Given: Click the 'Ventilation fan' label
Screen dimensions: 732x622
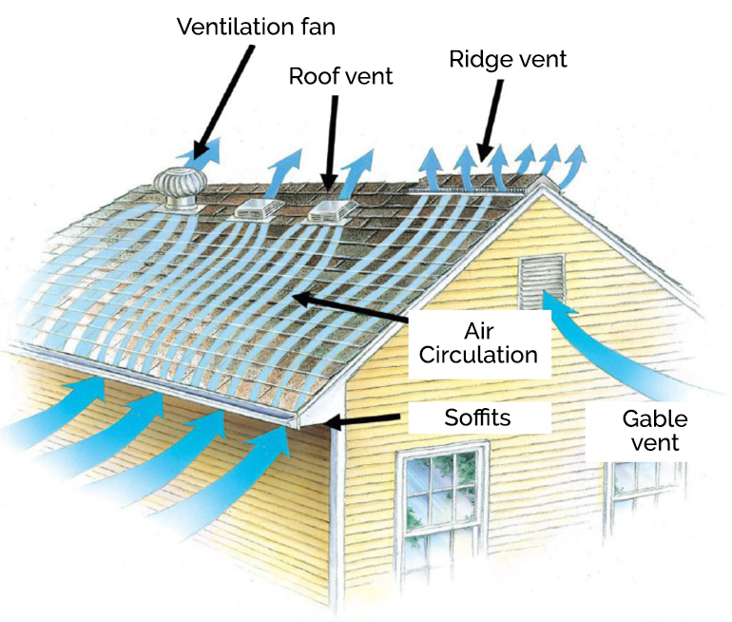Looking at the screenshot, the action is (256, 26).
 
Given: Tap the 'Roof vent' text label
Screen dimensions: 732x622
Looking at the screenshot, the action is (340, 76).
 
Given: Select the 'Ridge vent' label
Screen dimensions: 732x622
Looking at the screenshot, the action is (508, 59).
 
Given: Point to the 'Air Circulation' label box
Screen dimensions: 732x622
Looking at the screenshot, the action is (479, 344).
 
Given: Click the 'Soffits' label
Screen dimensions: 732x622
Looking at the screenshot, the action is (477, 418).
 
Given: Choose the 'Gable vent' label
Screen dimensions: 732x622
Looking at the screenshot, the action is (654, 431).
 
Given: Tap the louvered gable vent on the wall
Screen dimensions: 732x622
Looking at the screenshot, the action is (542, 282).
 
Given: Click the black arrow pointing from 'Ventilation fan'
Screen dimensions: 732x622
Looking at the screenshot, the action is (223, 103).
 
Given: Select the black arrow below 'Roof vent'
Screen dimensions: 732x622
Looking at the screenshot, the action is (331, 144).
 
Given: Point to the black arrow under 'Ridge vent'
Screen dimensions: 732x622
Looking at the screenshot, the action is (491, 121).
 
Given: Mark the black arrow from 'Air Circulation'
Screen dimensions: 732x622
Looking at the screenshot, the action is (350, 306).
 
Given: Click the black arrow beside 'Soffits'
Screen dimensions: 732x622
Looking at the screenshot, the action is (363, 420).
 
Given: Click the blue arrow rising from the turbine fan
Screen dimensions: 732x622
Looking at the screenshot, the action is (200, 155).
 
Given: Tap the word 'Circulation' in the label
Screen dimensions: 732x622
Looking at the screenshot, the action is (478, 355).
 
